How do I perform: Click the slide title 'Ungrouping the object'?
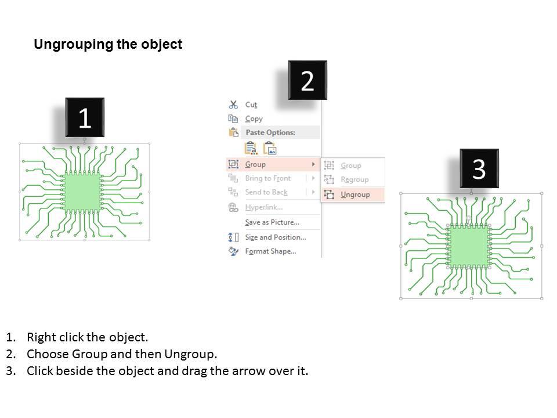(x=108, y=45)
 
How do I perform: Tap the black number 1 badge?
(x=85, y=118)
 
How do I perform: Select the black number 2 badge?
(x=308, y=81)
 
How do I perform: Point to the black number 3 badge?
(x=479, y=169)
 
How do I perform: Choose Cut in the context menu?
(x=251, y=105)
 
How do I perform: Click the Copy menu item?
(x=254, y=118)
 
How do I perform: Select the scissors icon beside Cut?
(x=233, y=105)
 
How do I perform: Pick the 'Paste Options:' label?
(x=270, y=132)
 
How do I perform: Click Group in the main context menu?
(x=255, y=164)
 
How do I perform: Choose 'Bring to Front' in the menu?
(x=267, y=178)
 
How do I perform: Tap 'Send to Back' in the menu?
(x=266, y=192)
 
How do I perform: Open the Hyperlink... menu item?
(x=264, y=207)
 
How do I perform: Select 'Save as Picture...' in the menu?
(x=272, y=222)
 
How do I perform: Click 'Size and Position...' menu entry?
(x=276, y=237)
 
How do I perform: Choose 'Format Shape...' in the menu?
(x=270, y=251)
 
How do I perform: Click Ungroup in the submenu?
(x=355, y=194)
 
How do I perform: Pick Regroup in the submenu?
(x=355, y=180)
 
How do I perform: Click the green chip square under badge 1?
(x=82, y=192)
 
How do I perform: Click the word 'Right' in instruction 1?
(x=40, y=337)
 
